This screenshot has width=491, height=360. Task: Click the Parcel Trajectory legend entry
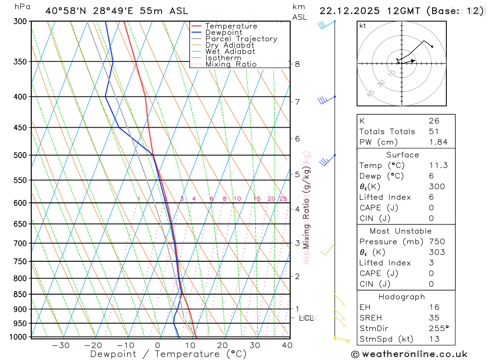click(241, 39)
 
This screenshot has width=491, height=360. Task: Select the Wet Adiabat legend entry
click(230, 52)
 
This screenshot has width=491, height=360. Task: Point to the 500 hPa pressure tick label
click(20, 155)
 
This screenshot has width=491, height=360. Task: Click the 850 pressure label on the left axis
click(20, 294)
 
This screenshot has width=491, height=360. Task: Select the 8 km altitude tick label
click(298, 64)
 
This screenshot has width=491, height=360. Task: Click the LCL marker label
click(307, 318)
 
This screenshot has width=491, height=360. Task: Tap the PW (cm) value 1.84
click(438, 142)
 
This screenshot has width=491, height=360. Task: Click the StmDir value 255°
click(438, 329)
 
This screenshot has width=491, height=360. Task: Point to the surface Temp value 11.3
click(438, 166)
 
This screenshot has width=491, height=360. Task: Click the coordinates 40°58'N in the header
click(64, 11)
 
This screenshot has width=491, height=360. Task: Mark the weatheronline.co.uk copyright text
click(409, 354)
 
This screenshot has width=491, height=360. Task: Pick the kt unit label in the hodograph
click(363, 26)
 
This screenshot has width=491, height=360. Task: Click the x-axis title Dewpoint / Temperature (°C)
click(168, 354)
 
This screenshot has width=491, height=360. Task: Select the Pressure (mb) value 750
click(436, 242)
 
